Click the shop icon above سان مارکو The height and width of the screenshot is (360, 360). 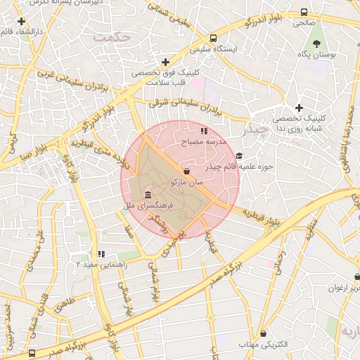(186, 171)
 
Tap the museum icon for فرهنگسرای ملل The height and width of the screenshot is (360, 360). (147, 195)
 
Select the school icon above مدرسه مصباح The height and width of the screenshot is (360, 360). (204, 131)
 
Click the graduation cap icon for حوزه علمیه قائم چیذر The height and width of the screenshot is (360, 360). (239, 156)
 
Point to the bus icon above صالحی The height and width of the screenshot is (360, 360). (304, 13)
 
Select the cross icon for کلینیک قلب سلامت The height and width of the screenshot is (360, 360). (165, 62)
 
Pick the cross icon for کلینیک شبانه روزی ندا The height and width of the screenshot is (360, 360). (300, 108)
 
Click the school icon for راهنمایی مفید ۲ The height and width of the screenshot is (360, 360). (102, 254)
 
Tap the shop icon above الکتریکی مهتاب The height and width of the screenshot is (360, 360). (263, 333)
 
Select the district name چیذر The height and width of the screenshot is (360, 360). (254, 131)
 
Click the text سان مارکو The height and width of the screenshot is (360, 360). (186, 182)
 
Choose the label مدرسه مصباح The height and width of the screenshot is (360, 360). (204, 142)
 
